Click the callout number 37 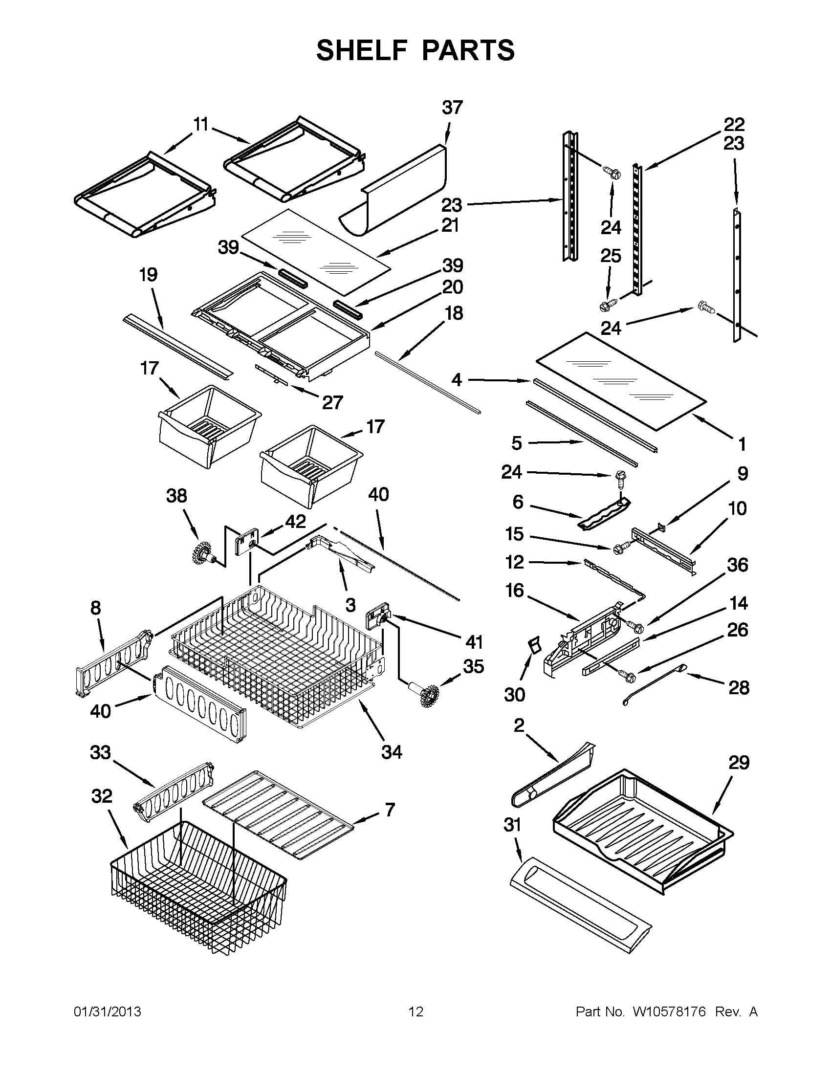pos(452,108)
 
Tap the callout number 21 pos(450,225)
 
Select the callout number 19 pos(148,274)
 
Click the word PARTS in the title pos(468,50)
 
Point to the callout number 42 pos(296,521)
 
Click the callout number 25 pos(611,256)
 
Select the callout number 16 pos(514,590)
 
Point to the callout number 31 pos(512,824)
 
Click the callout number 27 pos(332,402)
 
